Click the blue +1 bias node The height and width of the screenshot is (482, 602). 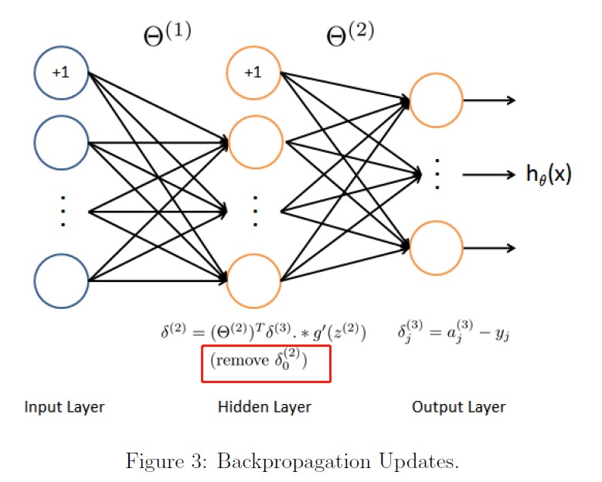61,73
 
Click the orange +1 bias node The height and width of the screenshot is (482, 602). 253,73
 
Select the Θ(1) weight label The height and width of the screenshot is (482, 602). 167,36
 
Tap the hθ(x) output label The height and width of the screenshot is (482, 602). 549,175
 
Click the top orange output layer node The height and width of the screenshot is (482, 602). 437,100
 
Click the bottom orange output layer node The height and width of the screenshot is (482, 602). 437,247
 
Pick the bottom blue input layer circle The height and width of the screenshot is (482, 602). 61,280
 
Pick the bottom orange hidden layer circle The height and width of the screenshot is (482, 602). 253,280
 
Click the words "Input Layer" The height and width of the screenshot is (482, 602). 65,407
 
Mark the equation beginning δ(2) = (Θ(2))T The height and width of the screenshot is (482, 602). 263,334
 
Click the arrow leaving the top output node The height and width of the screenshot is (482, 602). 490,100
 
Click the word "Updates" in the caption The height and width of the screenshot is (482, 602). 422,463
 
